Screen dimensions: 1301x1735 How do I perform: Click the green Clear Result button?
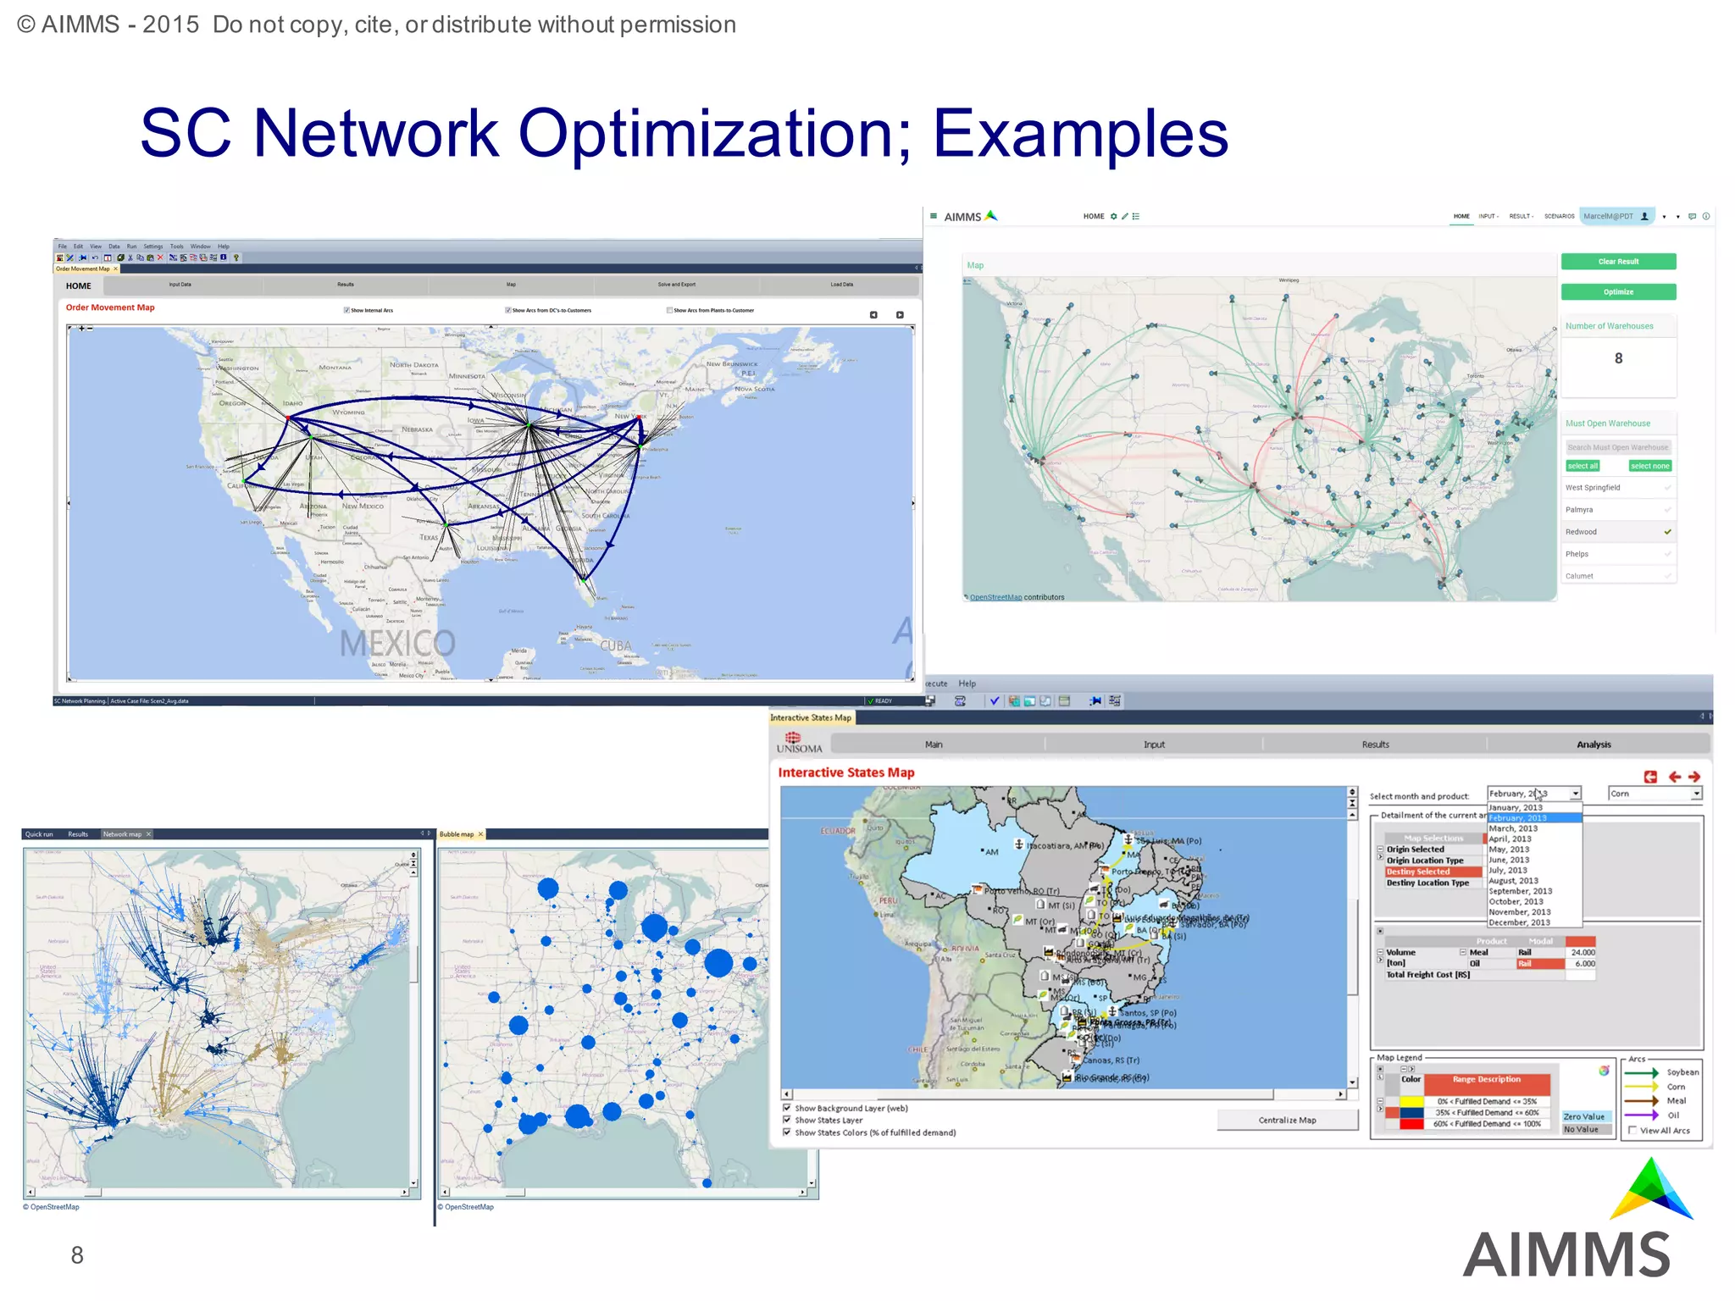pos(1618,262)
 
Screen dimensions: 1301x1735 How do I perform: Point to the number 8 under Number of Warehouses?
pos(1618,358)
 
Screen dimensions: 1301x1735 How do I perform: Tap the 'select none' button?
pos(1649,466)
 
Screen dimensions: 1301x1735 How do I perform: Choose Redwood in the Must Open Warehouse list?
pos(1581,532)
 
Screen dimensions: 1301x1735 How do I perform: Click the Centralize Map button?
pos(1287,1120)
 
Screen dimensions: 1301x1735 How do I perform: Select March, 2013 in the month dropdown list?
pos(1513,828)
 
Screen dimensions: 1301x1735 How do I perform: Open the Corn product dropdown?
pos(1696,794)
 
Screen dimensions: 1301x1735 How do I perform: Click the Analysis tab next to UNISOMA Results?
pos(1594,745)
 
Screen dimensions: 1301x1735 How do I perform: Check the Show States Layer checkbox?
pos(787,1120)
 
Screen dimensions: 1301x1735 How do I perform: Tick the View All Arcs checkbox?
pos(1632,1130)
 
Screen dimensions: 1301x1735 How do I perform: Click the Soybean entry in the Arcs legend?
pos(1682,1072)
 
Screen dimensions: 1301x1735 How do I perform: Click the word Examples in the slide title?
pos(1080,134)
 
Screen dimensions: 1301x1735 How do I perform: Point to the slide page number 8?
pos(77,1255)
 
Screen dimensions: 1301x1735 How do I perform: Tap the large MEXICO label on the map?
pos(397,644)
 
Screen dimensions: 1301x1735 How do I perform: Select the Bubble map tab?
pos(457,834)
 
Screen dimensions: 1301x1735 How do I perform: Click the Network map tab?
pos(122,834)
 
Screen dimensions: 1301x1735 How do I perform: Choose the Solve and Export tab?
pos(676,285)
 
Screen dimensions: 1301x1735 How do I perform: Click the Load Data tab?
pos(841,285)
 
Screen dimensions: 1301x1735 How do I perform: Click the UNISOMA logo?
pos(799,743)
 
